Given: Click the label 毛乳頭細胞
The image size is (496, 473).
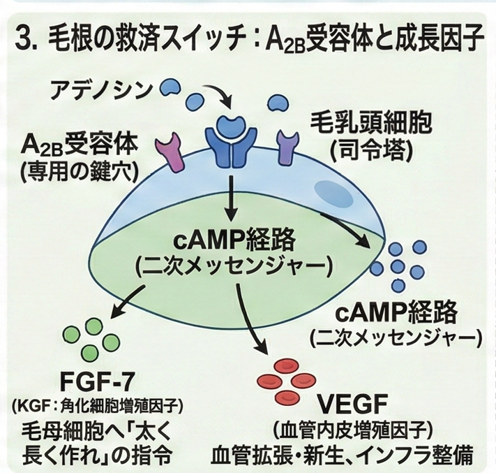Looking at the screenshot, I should (370, 124).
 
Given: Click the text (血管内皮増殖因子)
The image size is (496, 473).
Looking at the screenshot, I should (346, 428).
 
